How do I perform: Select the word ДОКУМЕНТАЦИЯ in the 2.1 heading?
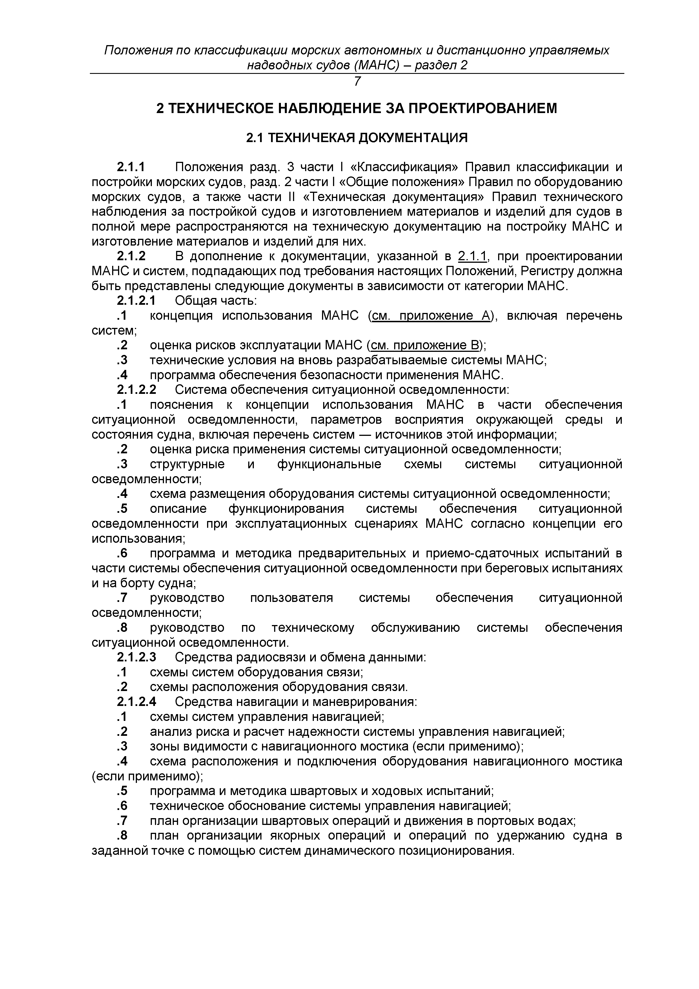(x=413, y=138)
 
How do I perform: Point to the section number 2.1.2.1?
(x=136, y=301)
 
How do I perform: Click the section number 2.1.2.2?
(x=136, y=390)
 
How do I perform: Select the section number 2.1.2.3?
(x=136, y=657)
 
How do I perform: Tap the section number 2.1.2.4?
(x=136, y=702)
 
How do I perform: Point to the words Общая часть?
(x=216, y=301)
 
